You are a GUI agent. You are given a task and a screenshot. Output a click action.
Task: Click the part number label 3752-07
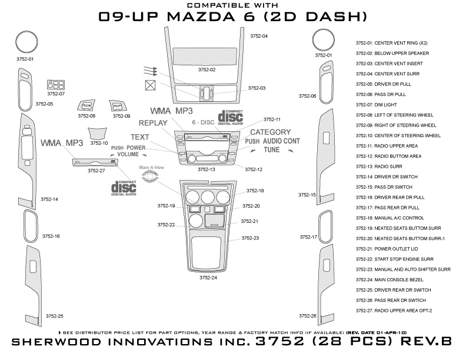tap(56, 94)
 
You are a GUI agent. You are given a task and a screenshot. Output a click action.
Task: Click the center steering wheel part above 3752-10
tap(99, 134)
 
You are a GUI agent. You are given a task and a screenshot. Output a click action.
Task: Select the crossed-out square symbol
tap(150, 85)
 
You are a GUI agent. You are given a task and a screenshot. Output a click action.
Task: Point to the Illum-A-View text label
tap(151, 168)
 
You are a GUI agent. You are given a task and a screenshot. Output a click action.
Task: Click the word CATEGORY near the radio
tap(271, 132)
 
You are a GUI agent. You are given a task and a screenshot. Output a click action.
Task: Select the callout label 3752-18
tap(255, 191)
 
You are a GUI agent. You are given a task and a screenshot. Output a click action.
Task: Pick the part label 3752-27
tap(96, 171)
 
